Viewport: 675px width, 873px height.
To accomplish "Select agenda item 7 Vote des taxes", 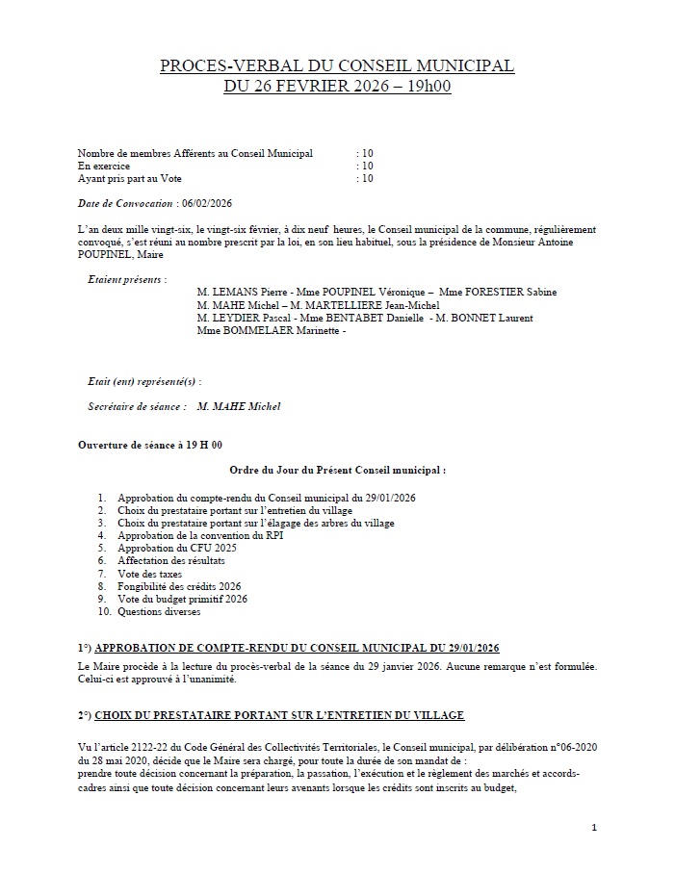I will [149, 574].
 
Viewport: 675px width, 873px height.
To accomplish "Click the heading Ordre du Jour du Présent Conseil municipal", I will [338, 471].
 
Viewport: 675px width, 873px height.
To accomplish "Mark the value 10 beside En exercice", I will [366, 166].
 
